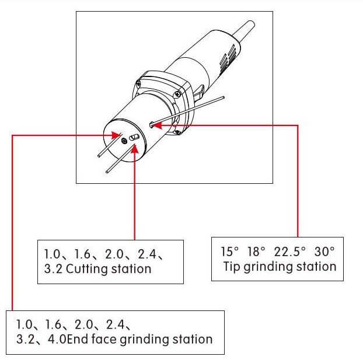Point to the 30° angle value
[323, 253]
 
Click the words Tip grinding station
[280, 267]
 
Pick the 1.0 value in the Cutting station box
[51, 255]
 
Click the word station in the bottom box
[191, 338]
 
